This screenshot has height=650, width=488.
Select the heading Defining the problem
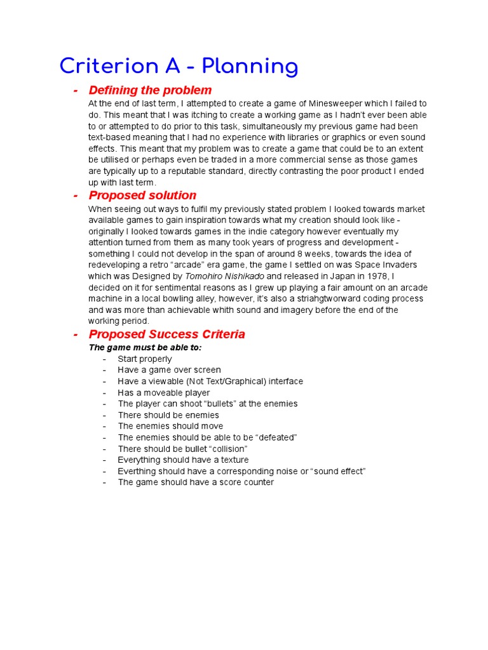[150, 90]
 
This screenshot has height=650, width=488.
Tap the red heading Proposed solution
[142, 196]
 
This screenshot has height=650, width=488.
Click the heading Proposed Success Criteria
[166, 335]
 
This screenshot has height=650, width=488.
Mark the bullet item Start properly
[145, 359]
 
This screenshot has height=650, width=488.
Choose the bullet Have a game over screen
[169, 370]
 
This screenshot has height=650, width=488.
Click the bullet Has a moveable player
[163, 392]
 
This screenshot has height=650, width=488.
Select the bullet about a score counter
[196, 482]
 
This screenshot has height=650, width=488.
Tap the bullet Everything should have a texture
[183, 460]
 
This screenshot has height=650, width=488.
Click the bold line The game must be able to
[145, 348]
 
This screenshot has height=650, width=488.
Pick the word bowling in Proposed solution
[172, 298]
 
